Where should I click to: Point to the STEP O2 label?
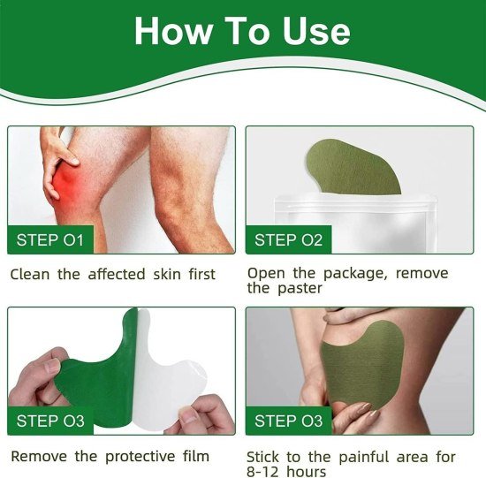pyautogui.click(x=289, y=239)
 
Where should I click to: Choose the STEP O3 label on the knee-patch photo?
pyautogui.click(x=289, y=421)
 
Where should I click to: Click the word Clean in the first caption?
pyautogui.click(x=32, y=274)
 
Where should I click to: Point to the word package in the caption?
pyautogui.click(x=346, y=274)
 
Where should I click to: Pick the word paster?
pyautogui.click(x=298, y=289)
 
